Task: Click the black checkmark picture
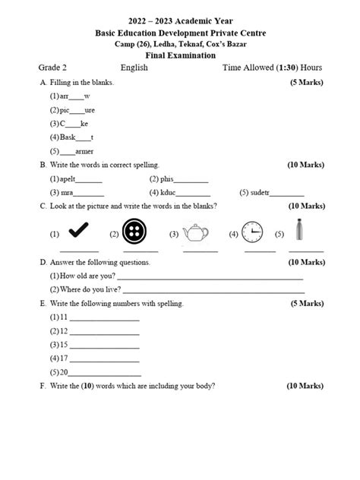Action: (x=79, y=232)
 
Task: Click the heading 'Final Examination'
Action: (x=180, y=55)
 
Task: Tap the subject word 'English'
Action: (x=134, y=68)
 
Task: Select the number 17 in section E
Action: (x=65, y=358)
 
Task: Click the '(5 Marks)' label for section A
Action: (x=308, y=82)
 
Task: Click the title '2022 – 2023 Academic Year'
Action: (x=180, y=21)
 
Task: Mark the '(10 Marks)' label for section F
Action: (x=305, y=386)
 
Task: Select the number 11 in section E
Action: (x=65, y=317)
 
